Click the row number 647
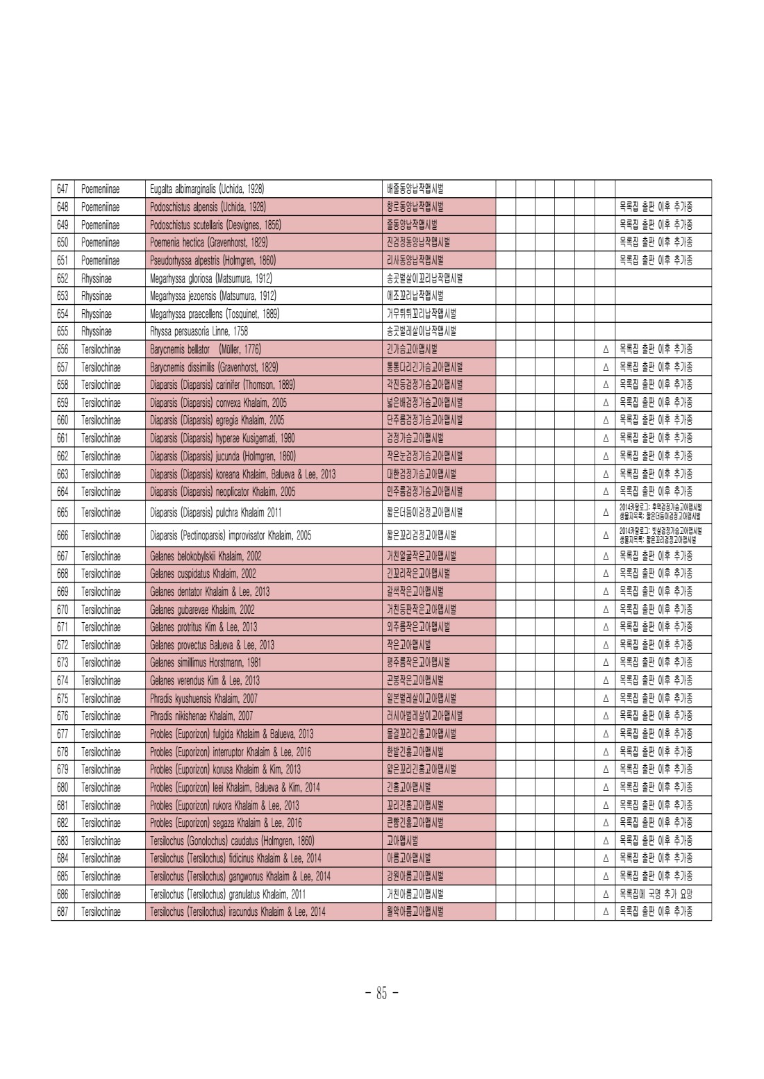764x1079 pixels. (63, 189)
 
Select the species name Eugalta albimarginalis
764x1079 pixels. (207, 189)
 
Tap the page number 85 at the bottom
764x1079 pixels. (381, 994)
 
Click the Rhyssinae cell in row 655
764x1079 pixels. (96, 332)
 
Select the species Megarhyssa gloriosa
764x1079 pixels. (211, 278)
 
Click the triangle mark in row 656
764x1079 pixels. (606, 350)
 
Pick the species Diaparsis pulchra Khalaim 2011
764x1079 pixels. (216, 513)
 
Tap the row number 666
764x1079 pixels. (63, 535)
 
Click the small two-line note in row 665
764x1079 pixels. (660, 512)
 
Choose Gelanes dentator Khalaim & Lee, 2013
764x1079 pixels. (210, 592)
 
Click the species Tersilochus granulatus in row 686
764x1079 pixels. (227, 894)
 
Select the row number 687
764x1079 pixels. (63, 912)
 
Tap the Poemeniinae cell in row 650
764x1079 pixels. (100, 242)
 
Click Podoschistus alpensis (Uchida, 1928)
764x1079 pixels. (208, 207)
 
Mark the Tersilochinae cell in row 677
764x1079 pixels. (101, 734)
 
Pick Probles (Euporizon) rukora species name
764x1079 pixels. (224, 805)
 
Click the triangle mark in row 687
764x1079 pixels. (606, 912)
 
